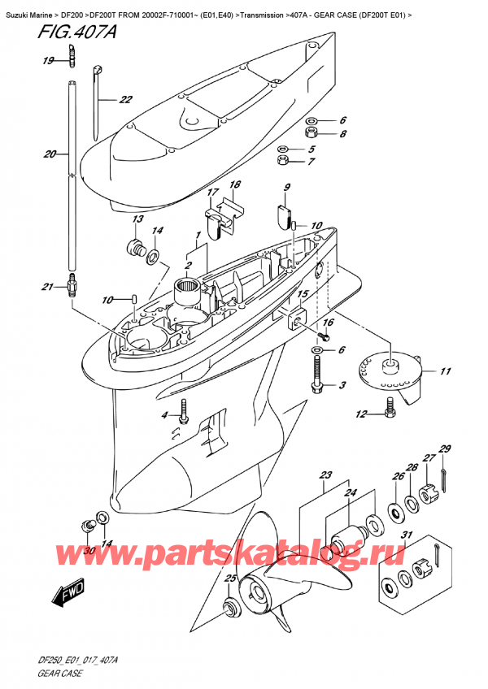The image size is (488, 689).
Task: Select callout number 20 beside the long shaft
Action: (50, 154)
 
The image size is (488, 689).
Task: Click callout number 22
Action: (125, 101)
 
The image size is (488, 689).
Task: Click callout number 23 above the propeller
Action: (327, 476)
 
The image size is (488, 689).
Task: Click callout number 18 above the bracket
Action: (234, 185)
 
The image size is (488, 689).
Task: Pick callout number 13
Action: (137, 219)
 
